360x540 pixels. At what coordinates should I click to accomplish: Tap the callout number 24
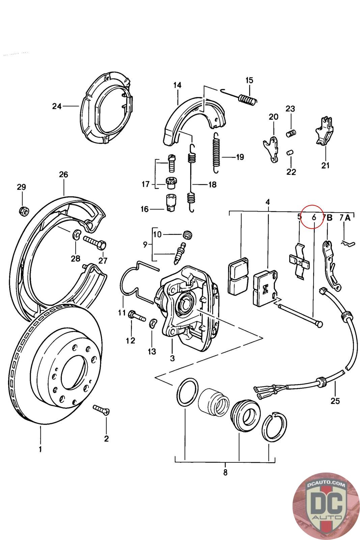57,106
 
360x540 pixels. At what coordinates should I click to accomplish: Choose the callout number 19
240,157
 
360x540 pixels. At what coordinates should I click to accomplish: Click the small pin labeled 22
289,153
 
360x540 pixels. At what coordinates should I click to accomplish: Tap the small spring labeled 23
291,133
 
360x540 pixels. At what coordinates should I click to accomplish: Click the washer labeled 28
77,234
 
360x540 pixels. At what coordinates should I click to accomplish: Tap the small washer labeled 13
153,323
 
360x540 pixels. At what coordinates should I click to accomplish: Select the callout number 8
225,472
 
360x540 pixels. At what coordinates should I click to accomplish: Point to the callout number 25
335,401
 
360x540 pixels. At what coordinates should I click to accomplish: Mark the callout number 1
40,449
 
